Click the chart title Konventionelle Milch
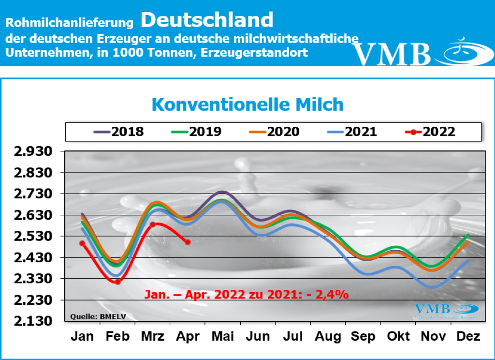click(247, 105)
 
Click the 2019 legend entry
click(196, 132)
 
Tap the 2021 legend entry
click(351, 132)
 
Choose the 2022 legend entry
click(430, 132)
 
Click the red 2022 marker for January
click(82, 243)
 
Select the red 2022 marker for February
click(117, 282)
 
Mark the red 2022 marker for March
click(152, 224)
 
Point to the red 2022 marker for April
click(188, 242)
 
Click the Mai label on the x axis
click(222, 337)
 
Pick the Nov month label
click(432, 337)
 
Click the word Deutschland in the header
click(207, 20)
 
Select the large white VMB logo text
click(391, 54)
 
